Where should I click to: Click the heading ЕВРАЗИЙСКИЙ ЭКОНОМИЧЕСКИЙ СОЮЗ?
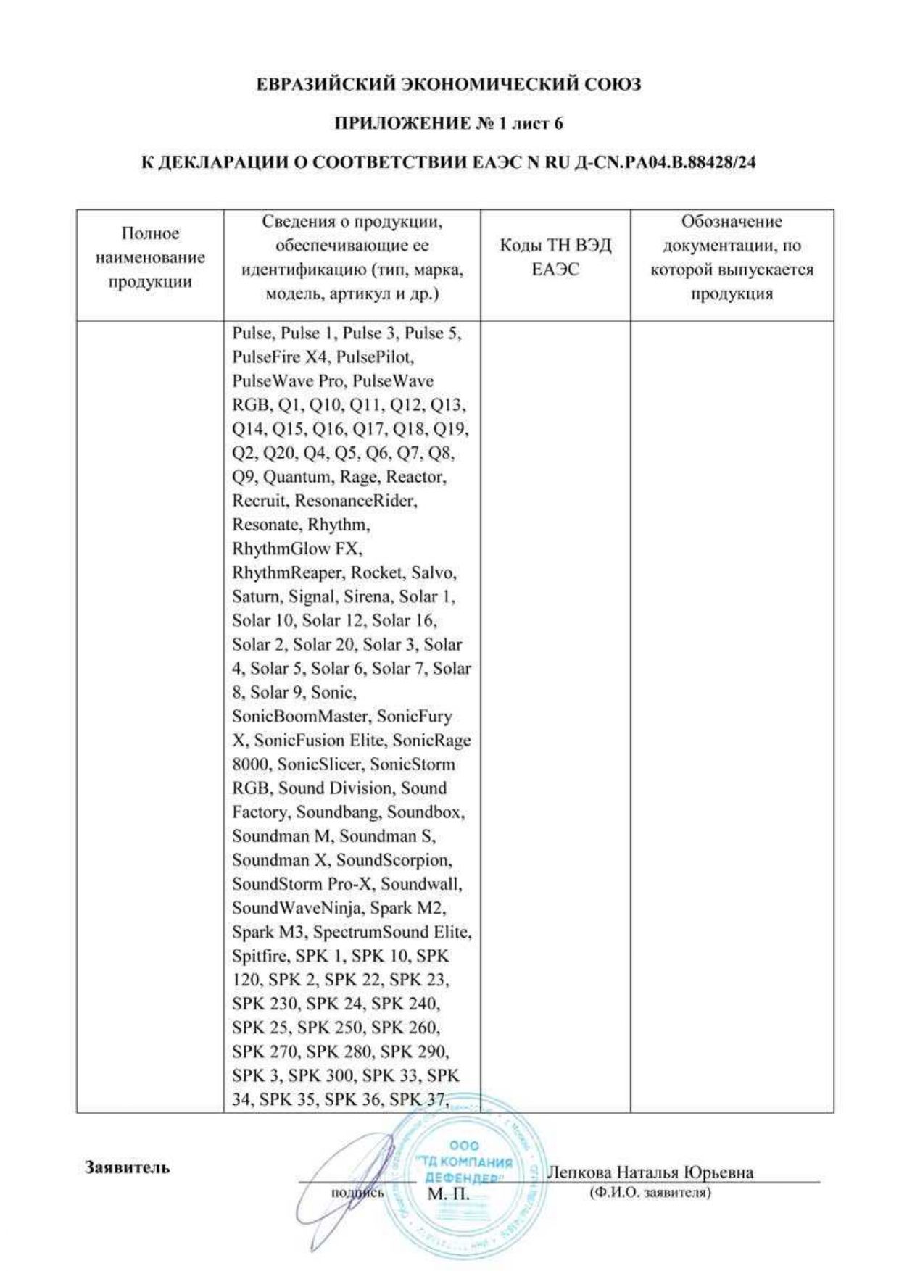coord(449,85)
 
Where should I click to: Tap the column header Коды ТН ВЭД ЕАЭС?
coord(555,257)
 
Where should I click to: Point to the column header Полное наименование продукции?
coord(150,257)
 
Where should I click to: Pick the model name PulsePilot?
coord(374,357)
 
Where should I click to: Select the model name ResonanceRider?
coord(355,501)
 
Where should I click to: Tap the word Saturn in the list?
coord(255,596)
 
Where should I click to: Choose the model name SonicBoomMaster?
coord(299,716)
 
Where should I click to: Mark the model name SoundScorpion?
coord(393,860)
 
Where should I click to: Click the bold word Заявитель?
coord(128,1167)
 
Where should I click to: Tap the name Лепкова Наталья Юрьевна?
coord(650,1172)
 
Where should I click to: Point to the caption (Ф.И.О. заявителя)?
coord(650,1192)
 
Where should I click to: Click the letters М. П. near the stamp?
coord(449,1193)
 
